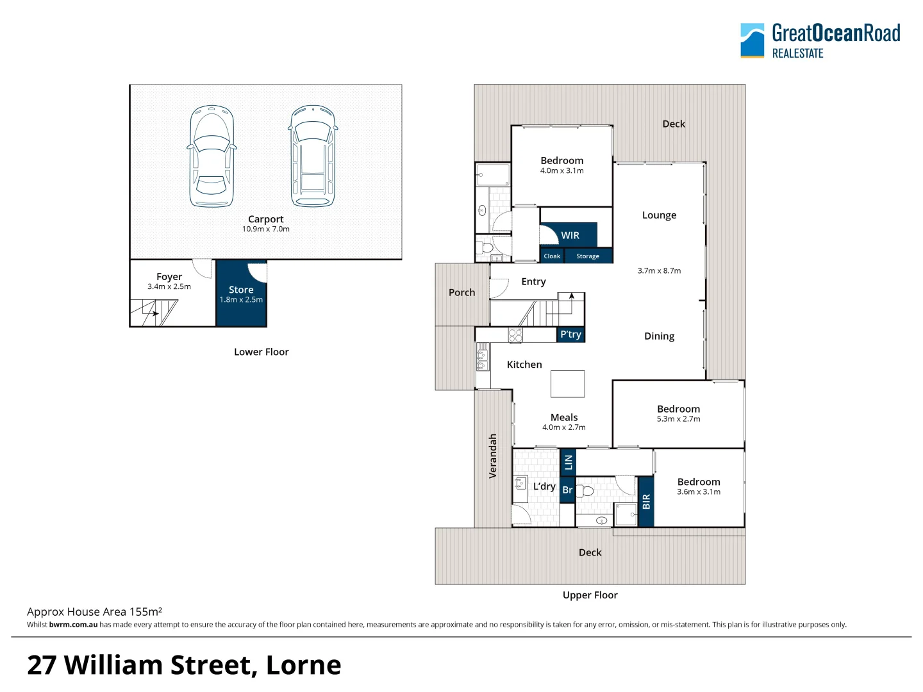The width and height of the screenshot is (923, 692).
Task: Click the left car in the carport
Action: click(x=212, y=156)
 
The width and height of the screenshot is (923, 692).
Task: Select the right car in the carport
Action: click(x=313, y=156)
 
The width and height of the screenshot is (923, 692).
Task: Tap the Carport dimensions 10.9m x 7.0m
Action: click(x=265, y=229)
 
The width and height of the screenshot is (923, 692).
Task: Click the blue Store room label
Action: click(x=241, y=290)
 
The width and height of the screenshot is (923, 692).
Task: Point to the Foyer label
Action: click(x=169, y=277)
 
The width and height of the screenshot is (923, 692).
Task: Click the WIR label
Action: click(x=570, y=236)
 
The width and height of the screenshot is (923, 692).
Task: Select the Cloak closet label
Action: click(x=552, y=256)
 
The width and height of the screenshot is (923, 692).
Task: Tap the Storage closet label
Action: click(x=588, y=256)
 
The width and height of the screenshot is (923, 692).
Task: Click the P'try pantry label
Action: click(x=570, y=334)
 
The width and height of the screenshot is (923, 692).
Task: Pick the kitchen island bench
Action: click(x=567, y=384)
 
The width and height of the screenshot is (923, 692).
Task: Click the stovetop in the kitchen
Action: click(x=515, y=335)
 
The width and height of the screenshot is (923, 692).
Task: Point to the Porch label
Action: click(x=462, y=293)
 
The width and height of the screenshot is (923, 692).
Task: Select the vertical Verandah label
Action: click(x=493, y=456)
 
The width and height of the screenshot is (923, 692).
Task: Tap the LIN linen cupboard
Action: click(x=568, y=462)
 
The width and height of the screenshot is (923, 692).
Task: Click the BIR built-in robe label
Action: click(x=646, y=502)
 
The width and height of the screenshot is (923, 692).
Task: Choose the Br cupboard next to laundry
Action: click(x=567, y=490)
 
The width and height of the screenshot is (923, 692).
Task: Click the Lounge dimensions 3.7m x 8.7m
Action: click(x=659, y=271)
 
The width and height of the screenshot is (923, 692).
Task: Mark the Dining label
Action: click(x=659, y=336)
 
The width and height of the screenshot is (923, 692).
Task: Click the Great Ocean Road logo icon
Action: click(x=752, y=40)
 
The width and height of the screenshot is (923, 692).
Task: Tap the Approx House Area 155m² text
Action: click(x=94, y=612)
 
